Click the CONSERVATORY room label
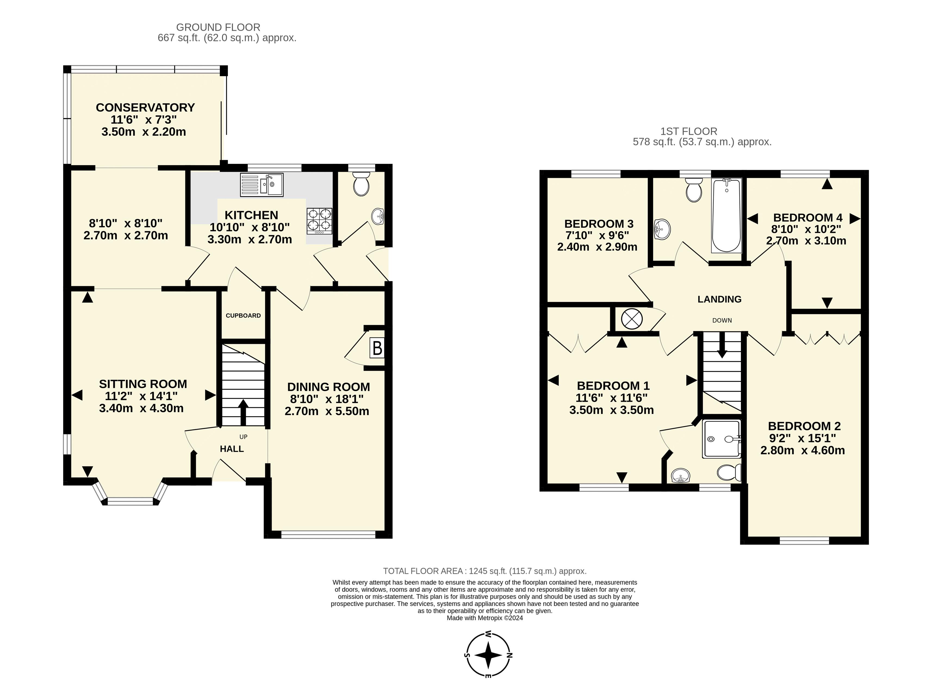[145, 108]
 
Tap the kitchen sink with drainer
[261, 184]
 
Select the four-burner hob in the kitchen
[319, 220]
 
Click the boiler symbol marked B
[377, 348]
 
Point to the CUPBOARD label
[243, 316]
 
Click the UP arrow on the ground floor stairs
[243, 413]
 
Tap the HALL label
[232, 449]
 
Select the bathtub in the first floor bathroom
[726, 216]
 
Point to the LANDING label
[719, 300]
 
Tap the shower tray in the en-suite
[721, 439]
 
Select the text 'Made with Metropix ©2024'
[485, 618]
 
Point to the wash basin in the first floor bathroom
[662, 230]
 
